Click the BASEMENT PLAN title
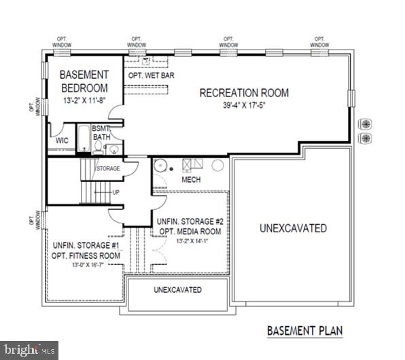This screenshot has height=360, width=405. [x=304, y=331]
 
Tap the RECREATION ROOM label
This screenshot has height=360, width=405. [x=244, y=93]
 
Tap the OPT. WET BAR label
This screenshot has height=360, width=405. [x=152, y=75]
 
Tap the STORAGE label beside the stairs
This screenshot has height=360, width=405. [x=107, y=168]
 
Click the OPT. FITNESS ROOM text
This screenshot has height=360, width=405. [x=86, y=255]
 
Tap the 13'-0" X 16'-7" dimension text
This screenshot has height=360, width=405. [x=86, y=266]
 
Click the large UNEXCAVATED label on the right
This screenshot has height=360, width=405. [x=292, y=228]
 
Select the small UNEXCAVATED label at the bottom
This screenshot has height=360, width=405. [x=177, y=290]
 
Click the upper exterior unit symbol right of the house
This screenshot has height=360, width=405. [x=366, y=124]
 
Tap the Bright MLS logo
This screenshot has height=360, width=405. [x=27, y=350]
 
